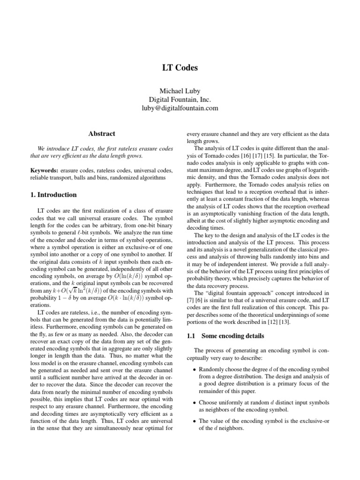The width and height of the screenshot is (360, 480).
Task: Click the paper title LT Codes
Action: [180, 68]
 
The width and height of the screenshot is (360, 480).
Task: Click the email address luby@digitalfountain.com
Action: [180, 108]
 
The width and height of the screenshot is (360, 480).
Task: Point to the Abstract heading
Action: [102, 134]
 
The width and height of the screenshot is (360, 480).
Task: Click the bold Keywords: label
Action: [45, 170]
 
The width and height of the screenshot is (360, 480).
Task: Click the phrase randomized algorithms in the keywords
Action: [137, 178]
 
